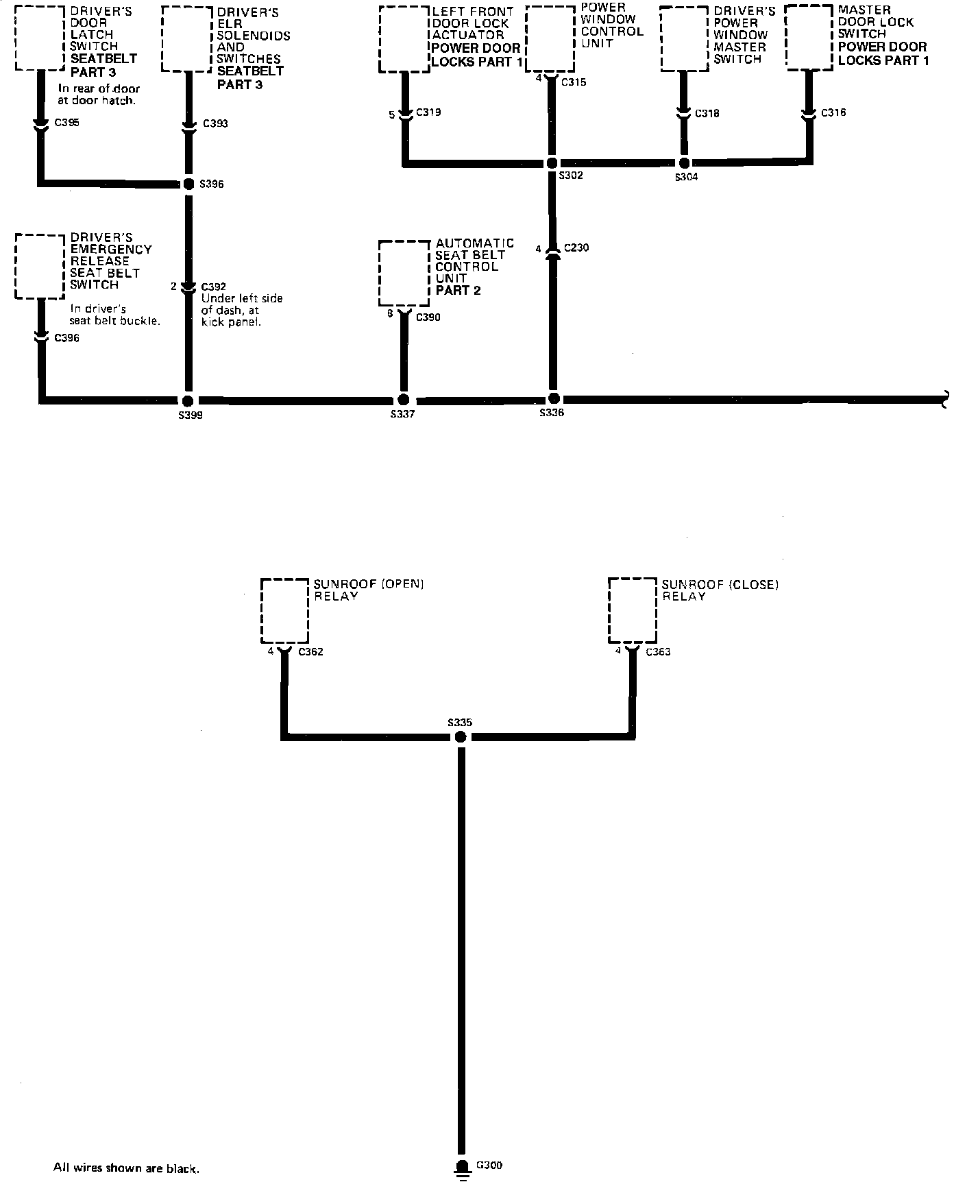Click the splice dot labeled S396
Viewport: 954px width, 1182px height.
[x=188, y=184]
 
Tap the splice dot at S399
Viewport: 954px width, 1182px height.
[x=188, y=400]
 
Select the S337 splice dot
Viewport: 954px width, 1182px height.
[x=404, y=400]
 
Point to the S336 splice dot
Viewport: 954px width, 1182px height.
[x=554, y=398]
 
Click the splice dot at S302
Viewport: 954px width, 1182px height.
[x=551, y=163]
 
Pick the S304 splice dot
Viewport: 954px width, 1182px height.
[x=683, y=163]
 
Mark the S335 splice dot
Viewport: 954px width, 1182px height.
[x=461, y=737]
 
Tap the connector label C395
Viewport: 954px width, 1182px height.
[x=66, y=123]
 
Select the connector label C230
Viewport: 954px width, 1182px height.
[x=576, y=248]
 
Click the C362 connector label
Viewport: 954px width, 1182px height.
[x=310, y=651]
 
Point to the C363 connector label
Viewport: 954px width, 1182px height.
[x=658, y=651]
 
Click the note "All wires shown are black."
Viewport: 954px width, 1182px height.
[x=126, y=1168]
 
